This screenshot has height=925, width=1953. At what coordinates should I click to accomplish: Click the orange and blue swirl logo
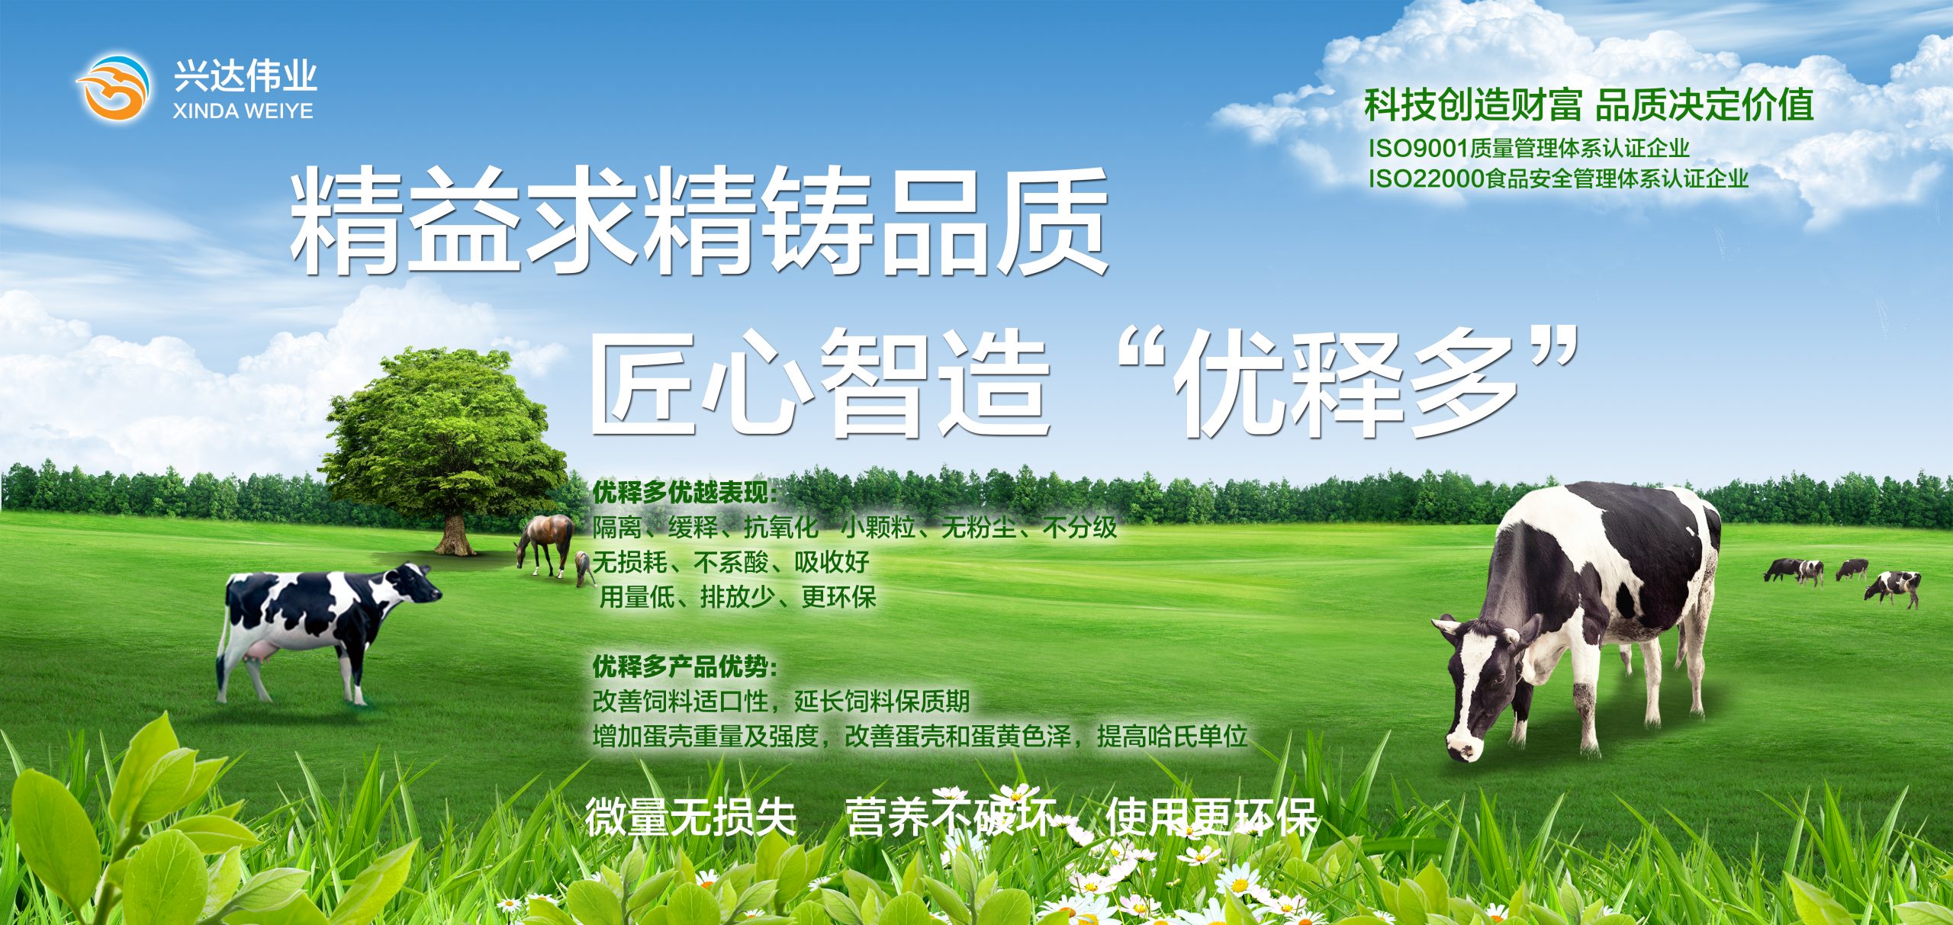click(x=112, y=86)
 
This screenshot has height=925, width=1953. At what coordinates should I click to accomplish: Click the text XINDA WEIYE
click(x=243, y=111)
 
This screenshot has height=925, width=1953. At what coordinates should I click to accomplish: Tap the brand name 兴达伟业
click(x=245, y=76)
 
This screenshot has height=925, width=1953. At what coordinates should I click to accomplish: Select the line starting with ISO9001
click(x=1528, y=148)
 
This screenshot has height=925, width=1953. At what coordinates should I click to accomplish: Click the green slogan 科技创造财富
click(x=1473, y=105)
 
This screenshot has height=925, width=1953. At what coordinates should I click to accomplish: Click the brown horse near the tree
click(x=545, y=543)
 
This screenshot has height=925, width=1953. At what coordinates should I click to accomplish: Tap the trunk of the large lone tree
click(x=455, y=534)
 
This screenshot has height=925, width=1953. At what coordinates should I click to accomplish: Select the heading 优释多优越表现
click(x=684, y=493)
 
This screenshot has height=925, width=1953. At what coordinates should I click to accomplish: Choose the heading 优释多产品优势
click(x=684, y=666)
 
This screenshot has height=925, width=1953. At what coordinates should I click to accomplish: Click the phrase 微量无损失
click(x=691, y=817)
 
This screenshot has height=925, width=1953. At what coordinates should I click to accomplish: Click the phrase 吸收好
click(x=832, y=562)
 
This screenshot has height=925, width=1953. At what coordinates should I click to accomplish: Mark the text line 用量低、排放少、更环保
click(x=738, y=596)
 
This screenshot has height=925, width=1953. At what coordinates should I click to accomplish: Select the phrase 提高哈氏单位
click(x=1172, y=736)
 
